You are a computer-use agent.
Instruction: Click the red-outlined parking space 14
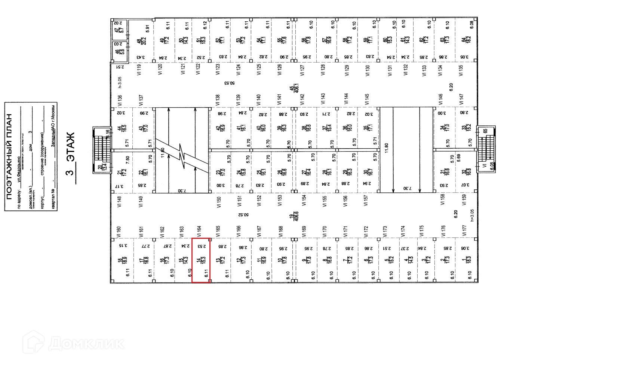tap(201, 260)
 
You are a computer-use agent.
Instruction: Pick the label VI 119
tap(139, 70)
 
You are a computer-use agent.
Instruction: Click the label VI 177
tap(464, 231)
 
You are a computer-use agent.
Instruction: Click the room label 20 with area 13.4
tap(102, 167)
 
